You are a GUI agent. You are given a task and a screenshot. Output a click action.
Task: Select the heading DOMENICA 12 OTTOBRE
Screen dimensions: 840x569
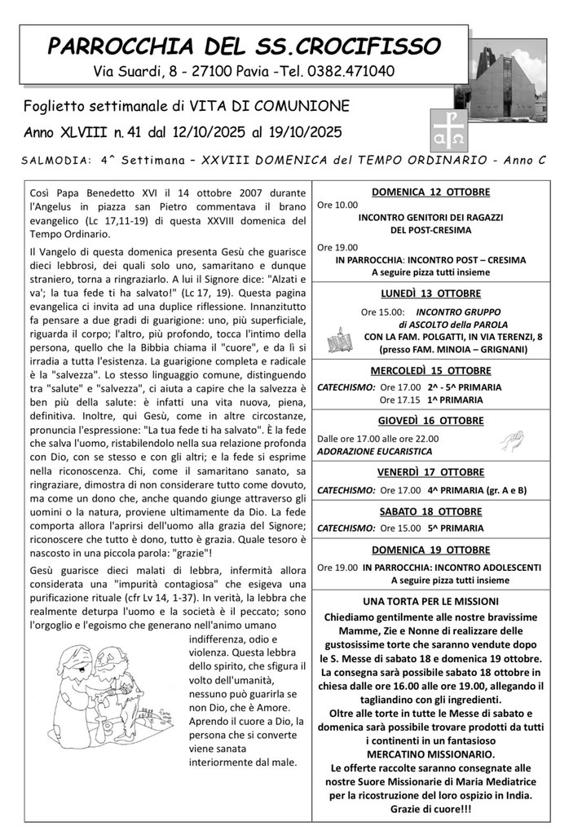(x=431, y=192)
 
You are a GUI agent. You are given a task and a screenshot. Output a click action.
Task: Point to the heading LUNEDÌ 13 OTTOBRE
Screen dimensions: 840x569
(x=431, y=294)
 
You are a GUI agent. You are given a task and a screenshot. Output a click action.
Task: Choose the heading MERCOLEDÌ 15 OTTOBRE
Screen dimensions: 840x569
(x=431, y=371)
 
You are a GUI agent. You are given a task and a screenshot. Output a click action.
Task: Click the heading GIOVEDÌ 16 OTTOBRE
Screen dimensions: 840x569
(x=431, y=421)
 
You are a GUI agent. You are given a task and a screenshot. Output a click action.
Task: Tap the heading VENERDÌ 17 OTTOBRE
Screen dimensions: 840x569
(x=431, y=472)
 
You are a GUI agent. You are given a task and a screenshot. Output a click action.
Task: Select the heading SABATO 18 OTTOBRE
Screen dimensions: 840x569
(x=431, y=511)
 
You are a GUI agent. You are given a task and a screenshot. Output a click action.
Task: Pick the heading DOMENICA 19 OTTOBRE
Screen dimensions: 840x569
(x=431, y=550)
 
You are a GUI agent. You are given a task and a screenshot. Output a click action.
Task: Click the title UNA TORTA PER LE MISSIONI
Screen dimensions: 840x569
(x=431, y=601)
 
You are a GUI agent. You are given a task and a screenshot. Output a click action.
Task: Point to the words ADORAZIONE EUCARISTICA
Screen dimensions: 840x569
(x=363, y=450)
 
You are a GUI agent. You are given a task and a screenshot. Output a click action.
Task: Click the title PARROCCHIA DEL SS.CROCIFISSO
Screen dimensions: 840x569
(x=245, y=45)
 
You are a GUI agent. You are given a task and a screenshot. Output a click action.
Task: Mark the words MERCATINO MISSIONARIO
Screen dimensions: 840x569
(x=431, y=754)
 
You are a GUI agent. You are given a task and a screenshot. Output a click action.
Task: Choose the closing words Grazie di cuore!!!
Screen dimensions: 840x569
(x=431, y=809)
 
